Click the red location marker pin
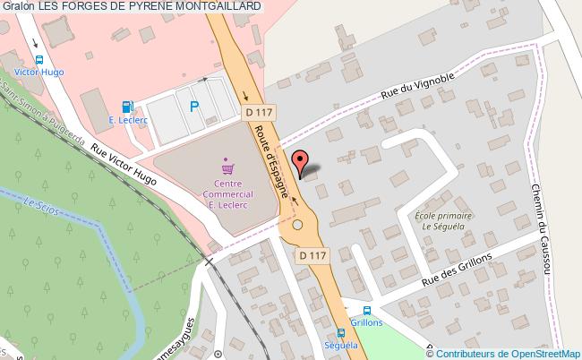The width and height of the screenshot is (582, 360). (x=302, y=162)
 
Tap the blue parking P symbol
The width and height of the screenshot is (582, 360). (x=193, y=107)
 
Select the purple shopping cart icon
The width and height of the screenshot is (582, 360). (x=227, y=167)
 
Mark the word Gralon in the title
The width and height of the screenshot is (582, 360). (x=18, y=6)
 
